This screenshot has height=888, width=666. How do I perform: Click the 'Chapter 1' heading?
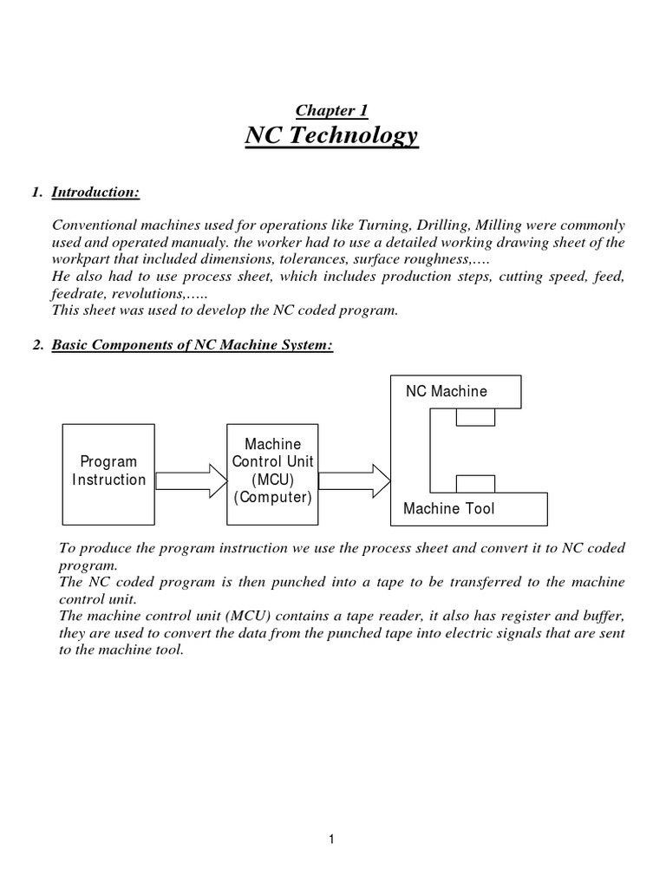[x=332, y=110]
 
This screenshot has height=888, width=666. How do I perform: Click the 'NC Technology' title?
[x=332, y=136]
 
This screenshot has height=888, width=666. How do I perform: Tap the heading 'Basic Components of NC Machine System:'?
[x=193, y=345]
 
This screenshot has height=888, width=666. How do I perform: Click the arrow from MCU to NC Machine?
[x=356, y=480]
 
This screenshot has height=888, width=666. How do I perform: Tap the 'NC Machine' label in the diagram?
[x=447, y=391]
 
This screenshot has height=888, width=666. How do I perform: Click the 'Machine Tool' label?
[x=448, y=508]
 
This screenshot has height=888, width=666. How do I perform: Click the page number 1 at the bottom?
[x=332, y=839]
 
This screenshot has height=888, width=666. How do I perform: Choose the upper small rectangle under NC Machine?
[x=475, y=418]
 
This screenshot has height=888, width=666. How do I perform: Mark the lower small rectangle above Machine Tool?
[x=475, y=483]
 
